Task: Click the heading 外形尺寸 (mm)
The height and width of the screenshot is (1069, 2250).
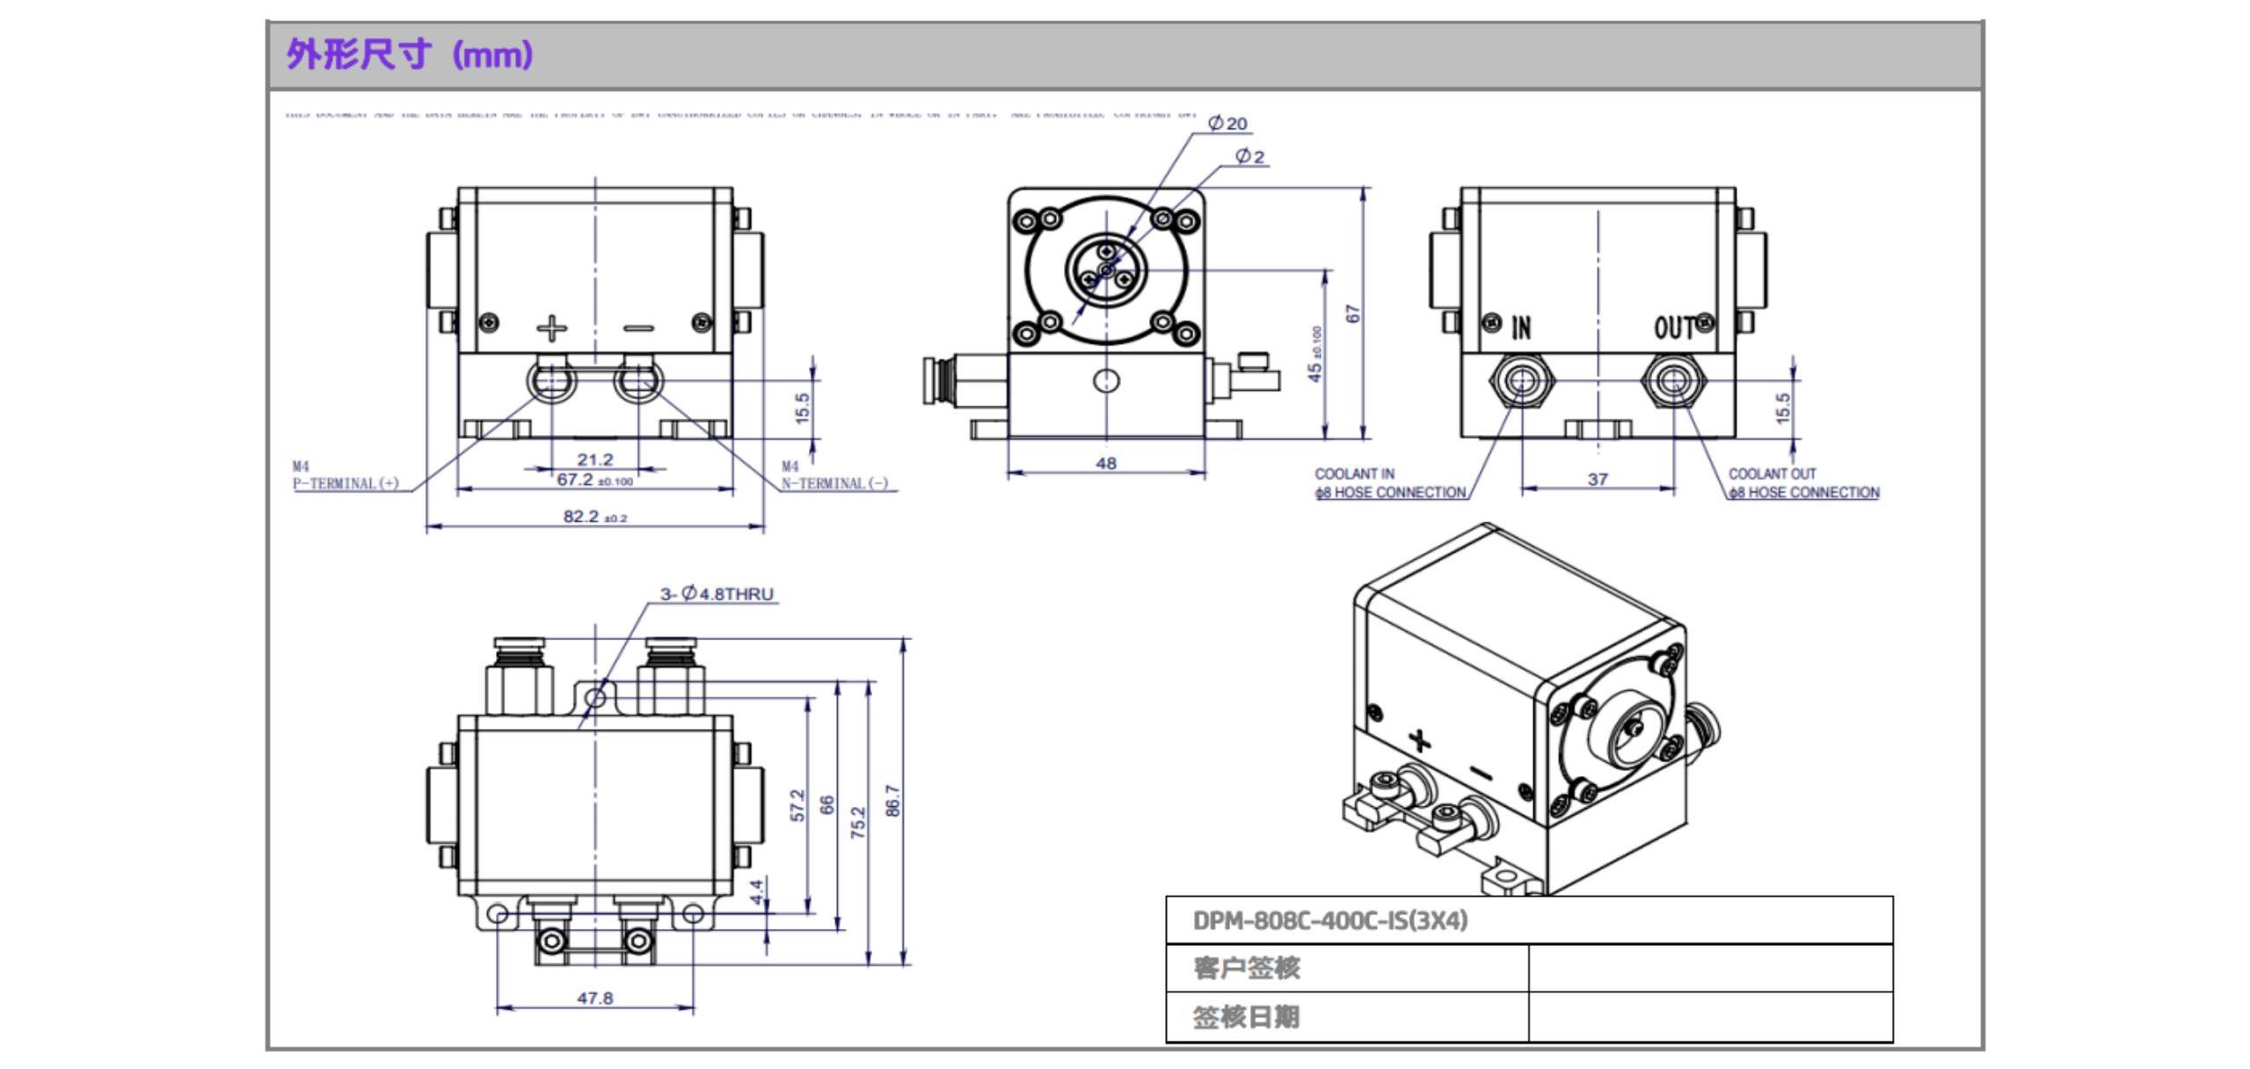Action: tap(410, 55)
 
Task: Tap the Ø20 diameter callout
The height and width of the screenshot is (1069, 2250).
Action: tap(1228, 124)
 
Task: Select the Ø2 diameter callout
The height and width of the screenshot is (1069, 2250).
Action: tap(1249, 156)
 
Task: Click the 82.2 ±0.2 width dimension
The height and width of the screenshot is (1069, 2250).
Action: tap(595, 517)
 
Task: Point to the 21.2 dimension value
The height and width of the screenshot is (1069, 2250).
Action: tap(595, 459)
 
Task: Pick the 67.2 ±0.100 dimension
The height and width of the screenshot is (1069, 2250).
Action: tap(594, 480)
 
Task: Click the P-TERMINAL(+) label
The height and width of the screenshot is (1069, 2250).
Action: tap(346, 484)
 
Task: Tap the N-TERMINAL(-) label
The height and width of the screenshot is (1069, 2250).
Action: tap(835, 484)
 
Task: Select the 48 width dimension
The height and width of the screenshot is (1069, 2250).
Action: tap(1106, 462)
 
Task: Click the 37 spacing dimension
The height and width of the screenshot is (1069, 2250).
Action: tap(1598, 479)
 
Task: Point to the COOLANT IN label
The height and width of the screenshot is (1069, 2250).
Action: tap(1354, 474)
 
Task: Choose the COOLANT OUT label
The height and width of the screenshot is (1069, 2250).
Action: tap(1772, 474)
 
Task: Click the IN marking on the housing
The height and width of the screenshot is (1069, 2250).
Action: tap(1521, 328)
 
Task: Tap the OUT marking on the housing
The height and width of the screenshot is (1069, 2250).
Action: tap(1673, 328)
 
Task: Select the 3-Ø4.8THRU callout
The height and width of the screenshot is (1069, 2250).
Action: tap(717, 594)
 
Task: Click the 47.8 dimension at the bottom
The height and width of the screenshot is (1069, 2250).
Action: tap(594, 998)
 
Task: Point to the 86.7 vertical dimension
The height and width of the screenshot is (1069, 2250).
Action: tap(892, 801)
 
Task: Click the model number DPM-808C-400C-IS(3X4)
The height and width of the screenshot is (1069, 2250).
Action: tap(1330, 920)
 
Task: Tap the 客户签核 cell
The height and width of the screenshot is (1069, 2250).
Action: tap(1246, 968)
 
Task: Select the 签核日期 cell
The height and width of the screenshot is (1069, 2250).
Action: tap(1246, 1017)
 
